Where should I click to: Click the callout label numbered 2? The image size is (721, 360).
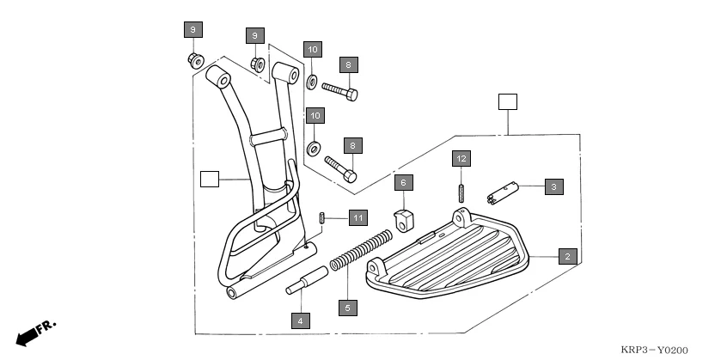tap(566, 255)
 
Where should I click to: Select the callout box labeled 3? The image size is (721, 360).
tap(553, 186)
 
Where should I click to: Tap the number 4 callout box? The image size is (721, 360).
tap(300, 320)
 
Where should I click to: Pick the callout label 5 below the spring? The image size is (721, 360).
tap(347, 307)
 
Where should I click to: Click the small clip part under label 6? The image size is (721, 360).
tap(403, 218)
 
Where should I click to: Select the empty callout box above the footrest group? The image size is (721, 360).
tap(508, 102)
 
